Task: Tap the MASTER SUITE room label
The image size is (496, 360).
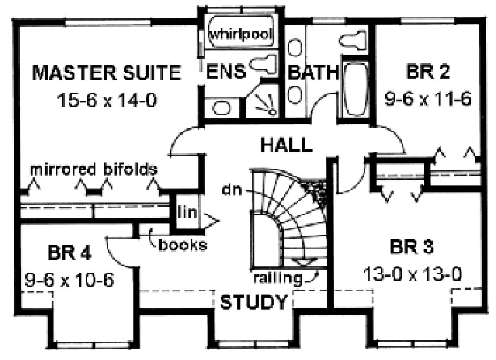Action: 106,73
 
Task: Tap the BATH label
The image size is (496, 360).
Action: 313,72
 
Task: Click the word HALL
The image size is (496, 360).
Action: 286,145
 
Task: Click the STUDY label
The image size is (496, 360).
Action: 253,302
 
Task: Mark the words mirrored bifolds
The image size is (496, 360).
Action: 94,169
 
